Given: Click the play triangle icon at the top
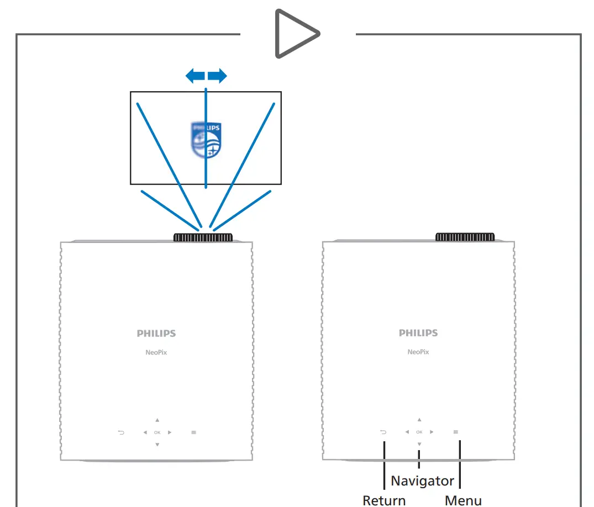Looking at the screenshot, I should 295,34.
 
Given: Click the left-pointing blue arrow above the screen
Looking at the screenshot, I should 195,76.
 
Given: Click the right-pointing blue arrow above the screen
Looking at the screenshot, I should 217,76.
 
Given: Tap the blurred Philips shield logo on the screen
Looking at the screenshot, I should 206,140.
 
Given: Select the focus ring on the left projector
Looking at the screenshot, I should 203,237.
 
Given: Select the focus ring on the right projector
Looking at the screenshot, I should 465,237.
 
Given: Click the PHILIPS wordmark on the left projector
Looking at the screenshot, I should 156,334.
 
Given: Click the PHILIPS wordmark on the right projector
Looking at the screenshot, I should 418,333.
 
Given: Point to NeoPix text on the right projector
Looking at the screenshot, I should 418,352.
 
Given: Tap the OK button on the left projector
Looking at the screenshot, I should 157,432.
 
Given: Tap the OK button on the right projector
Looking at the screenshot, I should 419,432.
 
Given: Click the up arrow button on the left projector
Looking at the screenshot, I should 157,420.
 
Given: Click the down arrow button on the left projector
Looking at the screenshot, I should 157,445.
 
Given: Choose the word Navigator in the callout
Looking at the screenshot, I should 422,481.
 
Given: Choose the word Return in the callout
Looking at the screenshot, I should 384,500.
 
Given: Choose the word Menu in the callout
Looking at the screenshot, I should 463,500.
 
